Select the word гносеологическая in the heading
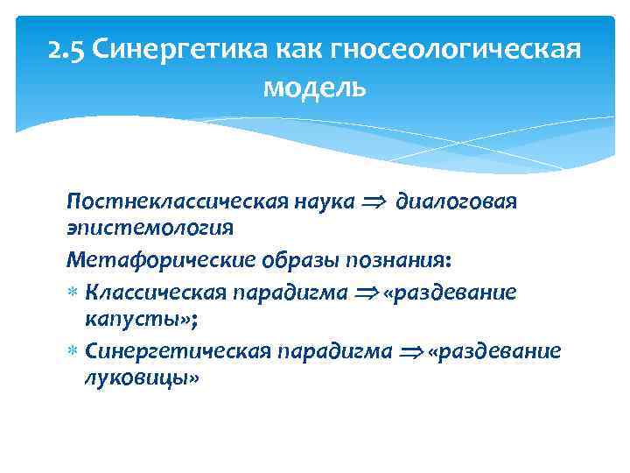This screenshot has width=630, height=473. click(456, 51)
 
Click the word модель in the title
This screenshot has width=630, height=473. click(314, 88)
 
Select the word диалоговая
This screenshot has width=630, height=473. click(456, 202)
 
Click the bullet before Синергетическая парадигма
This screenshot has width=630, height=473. click(73, 352)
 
